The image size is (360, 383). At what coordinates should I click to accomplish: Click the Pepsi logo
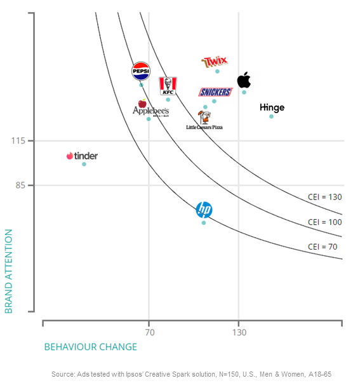point(141,72)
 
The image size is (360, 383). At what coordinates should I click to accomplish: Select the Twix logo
point(214,62)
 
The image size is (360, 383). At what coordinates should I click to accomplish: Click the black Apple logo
point(244,80)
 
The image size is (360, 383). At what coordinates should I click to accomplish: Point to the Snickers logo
point(215,92)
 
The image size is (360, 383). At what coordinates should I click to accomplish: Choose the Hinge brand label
point(272,107)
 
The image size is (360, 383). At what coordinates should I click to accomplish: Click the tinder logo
point(82,156)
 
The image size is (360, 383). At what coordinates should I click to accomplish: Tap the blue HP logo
point(204,210)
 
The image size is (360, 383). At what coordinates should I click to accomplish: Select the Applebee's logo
point(150,109)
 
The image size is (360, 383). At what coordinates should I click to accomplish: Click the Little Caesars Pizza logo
point(204,120)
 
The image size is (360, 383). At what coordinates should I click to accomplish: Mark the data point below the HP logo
point(204,222)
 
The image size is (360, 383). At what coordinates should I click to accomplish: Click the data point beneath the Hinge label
point(272,116)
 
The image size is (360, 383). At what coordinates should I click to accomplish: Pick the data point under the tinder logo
point(84,164)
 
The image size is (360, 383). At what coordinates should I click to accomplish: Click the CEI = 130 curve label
point(324,197)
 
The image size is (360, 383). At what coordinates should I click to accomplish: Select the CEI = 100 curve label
point(324,222)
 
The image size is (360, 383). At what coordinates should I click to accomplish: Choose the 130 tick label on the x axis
point(239,332)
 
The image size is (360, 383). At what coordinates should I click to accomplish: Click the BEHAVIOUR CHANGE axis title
point(90,347)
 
